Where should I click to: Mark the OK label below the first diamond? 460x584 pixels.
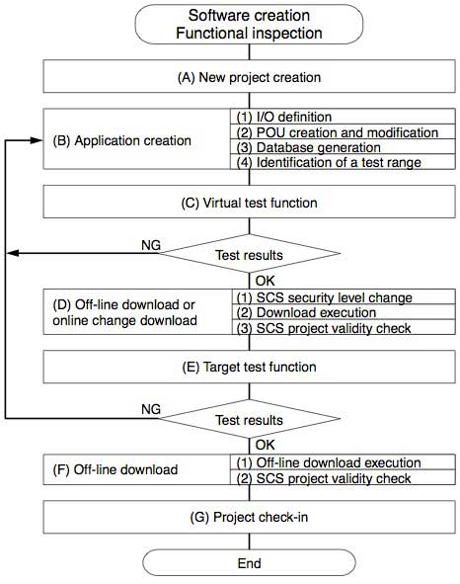tap(264, 281)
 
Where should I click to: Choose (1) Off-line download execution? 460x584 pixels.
tap(325, 462)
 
